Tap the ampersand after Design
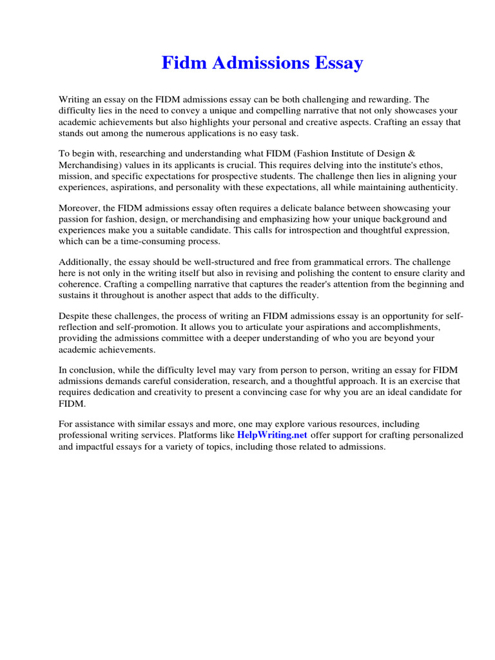[412, 154]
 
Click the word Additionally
[84, 262]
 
